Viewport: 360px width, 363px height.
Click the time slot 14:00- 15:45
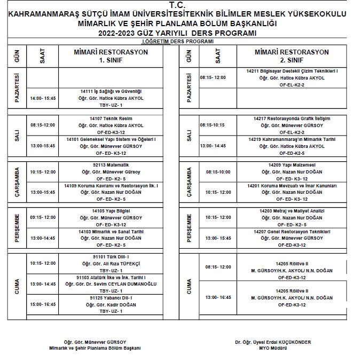(43, 98)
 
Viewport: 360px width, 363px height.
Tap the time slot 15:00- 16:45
(43, 304)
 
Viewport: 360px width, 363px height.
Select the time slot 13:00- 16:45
(218, 297)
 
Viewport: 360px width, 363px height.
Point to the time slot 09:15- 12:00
(43, 217)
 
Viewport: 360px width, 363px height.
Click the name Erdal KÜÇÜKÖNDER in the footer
(288, 342)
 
